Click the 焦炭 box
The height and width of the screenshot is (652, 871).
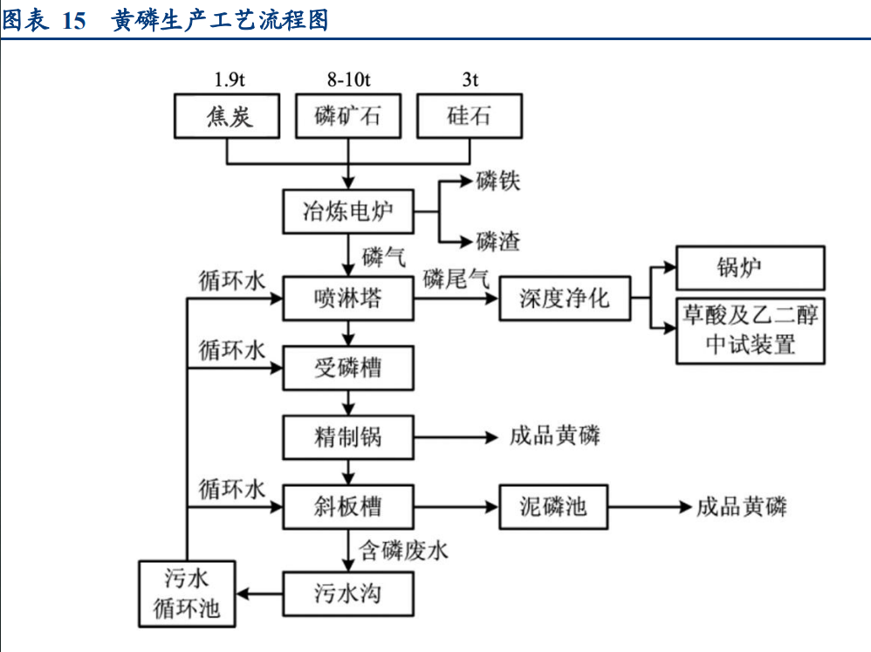[x=230, y=116]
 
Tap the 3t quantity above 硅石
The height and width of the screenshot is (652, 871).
[x=470, y=79]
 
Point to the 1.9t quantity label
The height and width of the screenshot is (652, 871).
[x=230, y=79]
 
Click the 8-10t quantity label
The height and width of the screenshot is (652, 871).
[x=348, y=79]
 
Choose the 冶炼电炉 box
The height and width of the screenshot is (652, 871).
[x=348, y=211]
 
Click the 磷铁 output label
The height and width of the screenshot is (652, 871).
[x=498, y=182]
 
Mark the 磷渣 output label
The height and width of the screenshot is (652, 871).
[x=498, y=241]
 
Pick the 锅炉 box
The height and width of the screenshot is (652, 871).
[x=751, y=267]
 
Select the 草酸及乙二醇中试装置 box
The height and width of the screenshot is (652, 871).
[x=751, y=331]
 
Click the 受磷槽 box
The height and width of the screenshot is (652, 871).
[x=348, y=367]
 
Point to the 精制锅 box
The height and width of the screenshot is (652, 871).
[x=348, y=436]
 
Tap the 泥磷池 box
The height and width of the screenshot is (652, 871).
[x=553, y=506]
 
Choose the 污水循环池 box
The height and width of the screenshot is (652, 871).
[x=188, y=594]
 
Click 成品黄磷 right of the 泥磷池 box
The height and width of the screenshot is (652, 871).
[x=741, y=506]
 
